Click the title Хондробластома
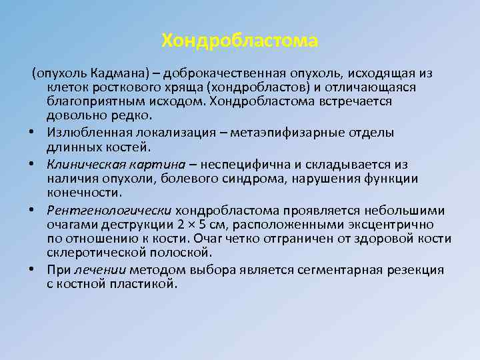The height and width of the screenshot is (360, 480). point(240,41)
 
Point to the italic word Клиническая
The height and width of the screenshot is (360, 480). point(81,163)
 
